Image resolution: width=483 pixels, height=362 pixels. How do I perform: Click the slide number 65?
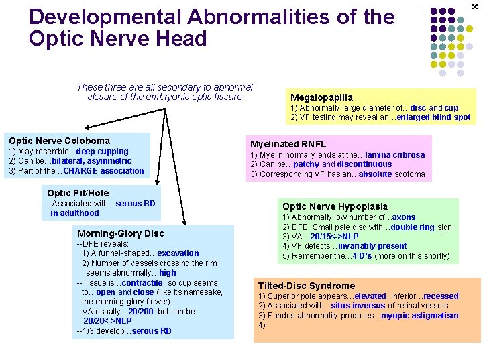click(x=474, y=5)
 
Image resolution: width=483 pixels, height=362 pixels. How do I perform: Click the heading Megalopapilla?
click(x=321, y=97)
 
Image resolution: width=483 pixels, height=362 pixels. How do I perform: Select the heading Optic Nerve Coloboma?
click(x=59, y=141)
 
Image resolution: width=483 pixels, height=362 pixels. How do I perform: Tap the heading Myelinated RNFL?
click(x=288, y=144)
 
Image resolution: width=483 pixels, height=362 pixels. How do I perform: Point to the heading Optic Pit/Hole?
click(x=78, y=193)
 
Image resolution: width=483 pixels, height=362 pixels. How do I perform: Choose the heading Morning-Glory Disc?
click(x=120, y=233)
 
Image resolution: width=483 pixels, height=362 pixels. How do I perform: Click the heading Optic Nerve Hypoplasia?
click(x=335, y=206)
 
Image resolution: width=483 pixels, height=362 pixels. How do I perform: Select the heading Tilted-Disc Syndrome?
click(x=307, y=286)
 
